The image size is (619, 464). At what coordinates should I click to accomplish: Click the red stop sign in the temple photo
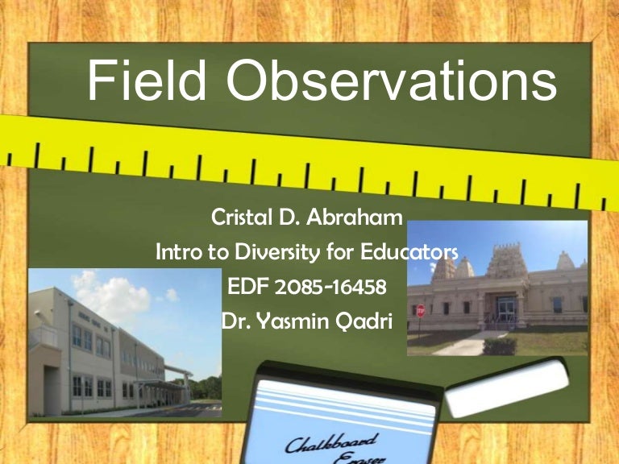420,310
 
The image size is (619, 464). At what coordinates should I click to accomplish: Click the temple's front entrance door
507,309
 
